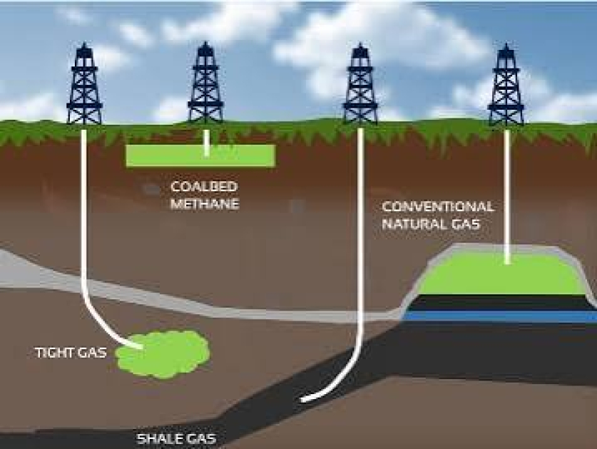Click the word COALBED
coord(204,187)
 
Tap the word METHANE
coord(205,204)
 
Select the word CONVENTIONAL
coord(438,207)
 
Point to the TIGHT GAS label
coord(71,353)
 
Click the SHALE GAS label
coord(176,439)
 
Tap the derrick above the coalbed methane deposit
coord(205,83)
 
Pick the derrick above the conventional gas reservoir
coord(506,85)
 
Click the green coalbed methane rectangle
coord(200,155)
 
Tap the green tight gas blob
coord(163,354)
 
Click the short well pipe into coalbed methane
coord(206,143)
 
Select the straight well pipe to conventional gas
coord(506,196)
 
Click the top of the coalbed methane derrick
coord(205,42)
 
